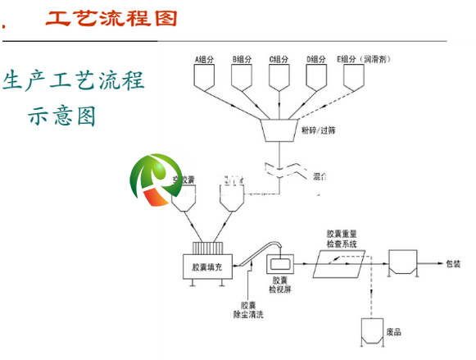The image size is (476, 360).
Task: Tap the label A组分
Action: (205, 59)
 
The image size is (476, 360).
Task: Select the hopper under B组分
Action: (243, 76)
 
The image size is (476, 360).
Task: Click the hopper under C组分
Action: (279, 76)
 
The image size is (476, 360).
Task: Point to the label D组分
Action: (317, 59)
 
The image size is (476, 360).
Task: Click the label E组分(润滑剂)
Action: (364, 59)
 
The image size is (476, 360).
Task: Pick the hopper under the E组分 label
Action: (354, 76)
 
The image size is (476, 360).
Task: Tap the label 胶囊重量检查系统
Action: (347, 238)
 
